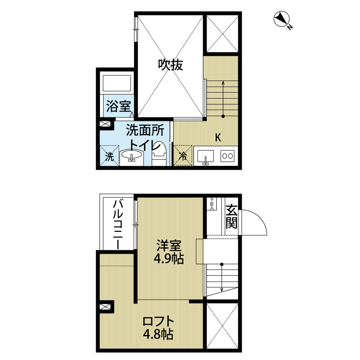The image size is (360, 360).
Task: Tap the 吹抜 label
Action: click(x=171, y=65)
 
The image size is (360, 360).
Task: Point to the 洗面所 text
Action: click(x=142, y=130)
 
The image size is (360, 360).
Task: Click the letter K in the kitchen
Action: click(x=218, y=138)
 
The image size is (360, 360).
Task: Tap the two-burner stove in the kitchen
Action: click(x=228, y=156)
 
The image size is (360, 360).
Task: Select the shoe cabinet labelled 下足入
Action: click(x=212, y=204)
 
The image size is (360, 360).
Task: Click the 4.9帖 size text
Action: click(x=169, y=259)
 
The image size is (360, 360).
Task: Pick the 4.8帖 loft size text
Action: click(x=158, y=334)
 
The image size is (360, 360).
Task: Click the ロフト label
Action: click(x=158, y=321)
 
